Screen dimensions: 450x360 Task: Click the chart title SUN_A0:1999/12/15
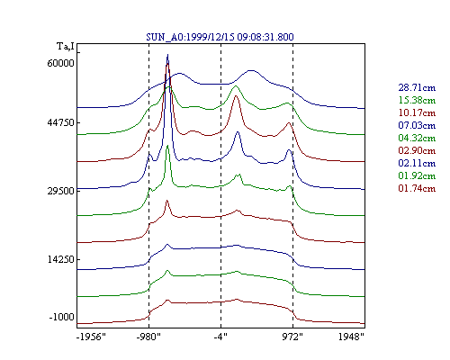pyautogui.click(x=191, y=37)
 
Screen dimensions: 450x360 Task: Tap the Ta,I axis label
pyautogui.click(x=66, y=47)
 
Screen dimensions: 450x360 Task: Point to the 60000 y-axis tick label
pyautogui.click(x=60, y=63)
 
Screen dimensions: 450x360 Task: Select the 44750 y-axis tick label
pyautogui.click(x=60, y=122)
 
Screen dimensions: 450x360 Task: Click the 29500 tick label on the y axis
pyautogui.click(x=60, y=191)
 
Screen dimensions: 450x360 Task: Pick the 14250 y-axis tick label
pyautogui.click(x=60, y=259)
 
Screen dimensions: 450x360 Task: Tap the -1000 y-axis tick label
pyautogui.click(x=61, y=317)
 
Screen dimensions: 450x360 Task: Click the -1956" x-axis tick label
pyautogui.click(x=91, y=337)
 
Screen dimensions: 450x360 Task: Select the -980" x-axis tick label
pyautogui.click(x=148, y=337)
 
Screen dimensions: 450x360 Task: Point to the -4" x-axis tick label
pyautogui.click(x=220, y=337)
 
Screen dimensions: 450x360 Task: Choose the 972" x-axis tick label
pyautogui.click(x=292, y=337)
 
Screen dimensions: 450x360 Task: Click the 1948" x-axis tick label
pyautogui.click(x=351, y=337)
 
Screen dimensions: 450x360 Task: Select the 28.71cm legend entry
pyautogui.click(x=417, y=87)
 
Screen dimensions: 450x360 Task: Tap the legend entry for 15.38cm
pyautogui.click(x=417, y=100)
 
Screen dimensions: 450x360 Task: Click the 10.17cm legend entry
pyautogui.click(x=417, y=112)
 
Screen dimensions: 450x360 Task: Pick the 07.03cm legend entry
pyautogui.click(x=417, y=125)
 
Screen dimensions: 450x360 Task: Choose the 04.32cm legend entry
pyautogui.click(x=417, y=138)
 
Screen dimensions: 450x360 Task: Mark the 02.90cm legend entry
pyautogui.click(x=417, y=150)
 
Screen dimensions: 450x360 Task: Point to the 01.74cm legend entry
pyautogui.click(x=417, y=188)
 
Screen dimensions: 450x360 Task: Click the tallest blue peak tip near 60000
pyautogui.click(x=167, y=55)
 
